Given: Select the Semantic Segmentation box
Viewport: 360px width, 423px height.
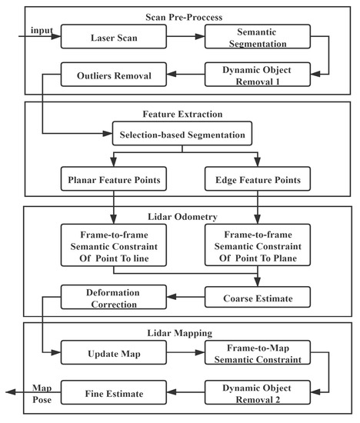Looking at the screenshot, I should [x=258, y=35].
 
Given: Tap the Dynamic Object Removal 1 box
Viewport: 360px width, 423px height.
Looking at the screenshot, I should [x=258, y=75].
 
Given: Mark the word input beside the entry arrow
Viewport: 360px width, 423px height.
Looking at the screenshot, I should [x=42, y=29].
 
